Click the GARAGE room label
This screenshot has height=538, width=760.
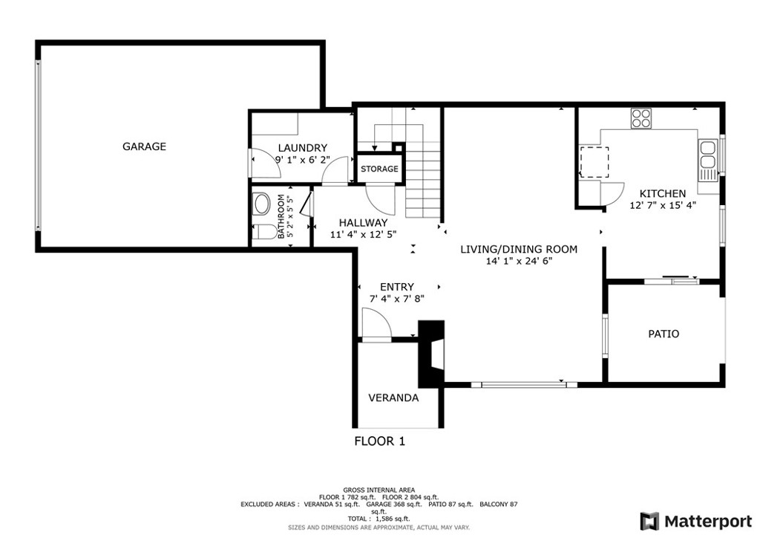coord(144,146)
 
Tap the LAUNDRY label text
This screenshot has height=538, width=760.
coord(303,148)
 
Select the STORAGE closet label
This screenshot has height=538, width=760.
coord(379,169)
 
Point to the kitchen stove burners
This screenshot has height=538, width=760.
coord(641,118)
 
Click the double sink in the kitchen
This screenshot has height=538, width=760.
coord(707,155)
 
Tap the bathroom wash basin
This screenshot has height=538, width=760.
coord(262,204)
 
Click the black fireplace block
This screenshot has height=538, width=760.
coord(431,354)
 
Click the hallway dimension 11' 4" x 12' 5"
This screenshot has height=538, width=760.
coord(363,234)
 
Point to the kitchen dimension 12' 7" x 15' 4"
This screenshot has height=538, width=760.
coord(663,205)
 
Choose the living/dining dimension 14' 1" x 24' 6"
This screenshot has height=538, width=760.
coord(519,261)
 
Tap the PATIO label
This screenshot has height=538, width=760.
coord(664,334)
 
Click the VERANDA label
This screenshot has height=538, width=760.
coord(393,398)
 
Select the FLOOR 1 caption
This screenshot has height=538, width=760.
coord(379,441)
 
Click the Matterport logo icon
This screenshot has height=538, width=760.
coord(649,522)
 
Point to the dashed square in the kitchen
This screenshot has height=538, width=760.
coord(594,162)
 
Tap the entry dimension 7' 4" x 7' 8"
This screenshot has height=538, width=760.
coord(397,299)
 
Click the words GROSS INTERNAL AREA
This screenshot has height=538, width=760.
coord(379,490)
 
